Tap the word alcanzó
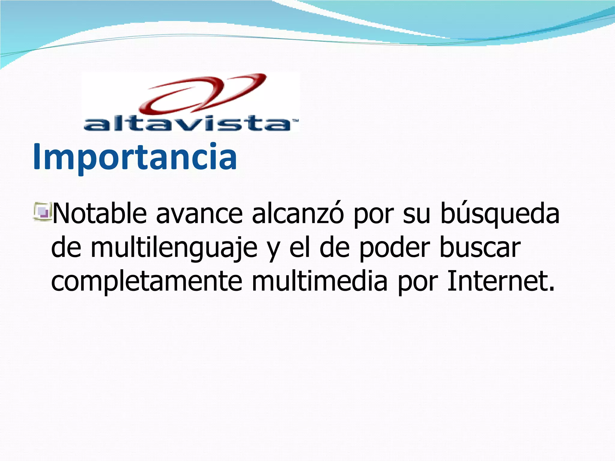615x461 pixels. (x=298, y=214)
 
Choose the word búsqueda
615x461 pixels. (x=500, y=214)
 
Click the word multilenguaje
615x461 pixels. (x=174, y=248)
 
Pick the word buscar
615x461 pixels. (x=480, y=248)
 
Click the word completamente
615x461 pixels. (x=147, y=282)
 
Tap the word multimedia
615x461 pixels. (x=320, y=282)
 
